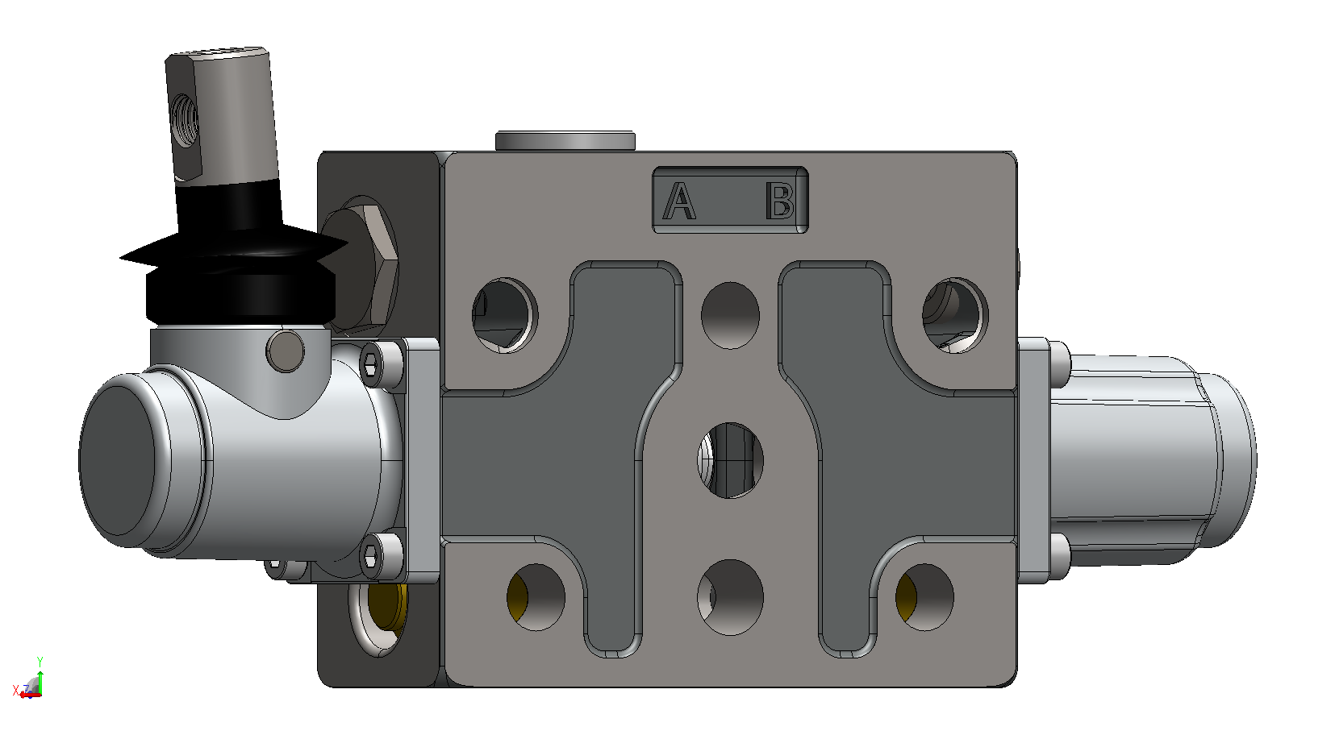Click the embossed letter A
point(679,201)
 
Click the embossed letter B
point(780,201)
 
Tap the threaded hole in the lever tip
point(185,120)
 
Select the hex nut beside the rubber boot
point(360,266)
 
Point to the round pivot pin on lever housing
point(285,351)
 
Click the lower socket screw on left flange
point(372,556)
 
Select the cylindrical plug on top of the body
point(565,140)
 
